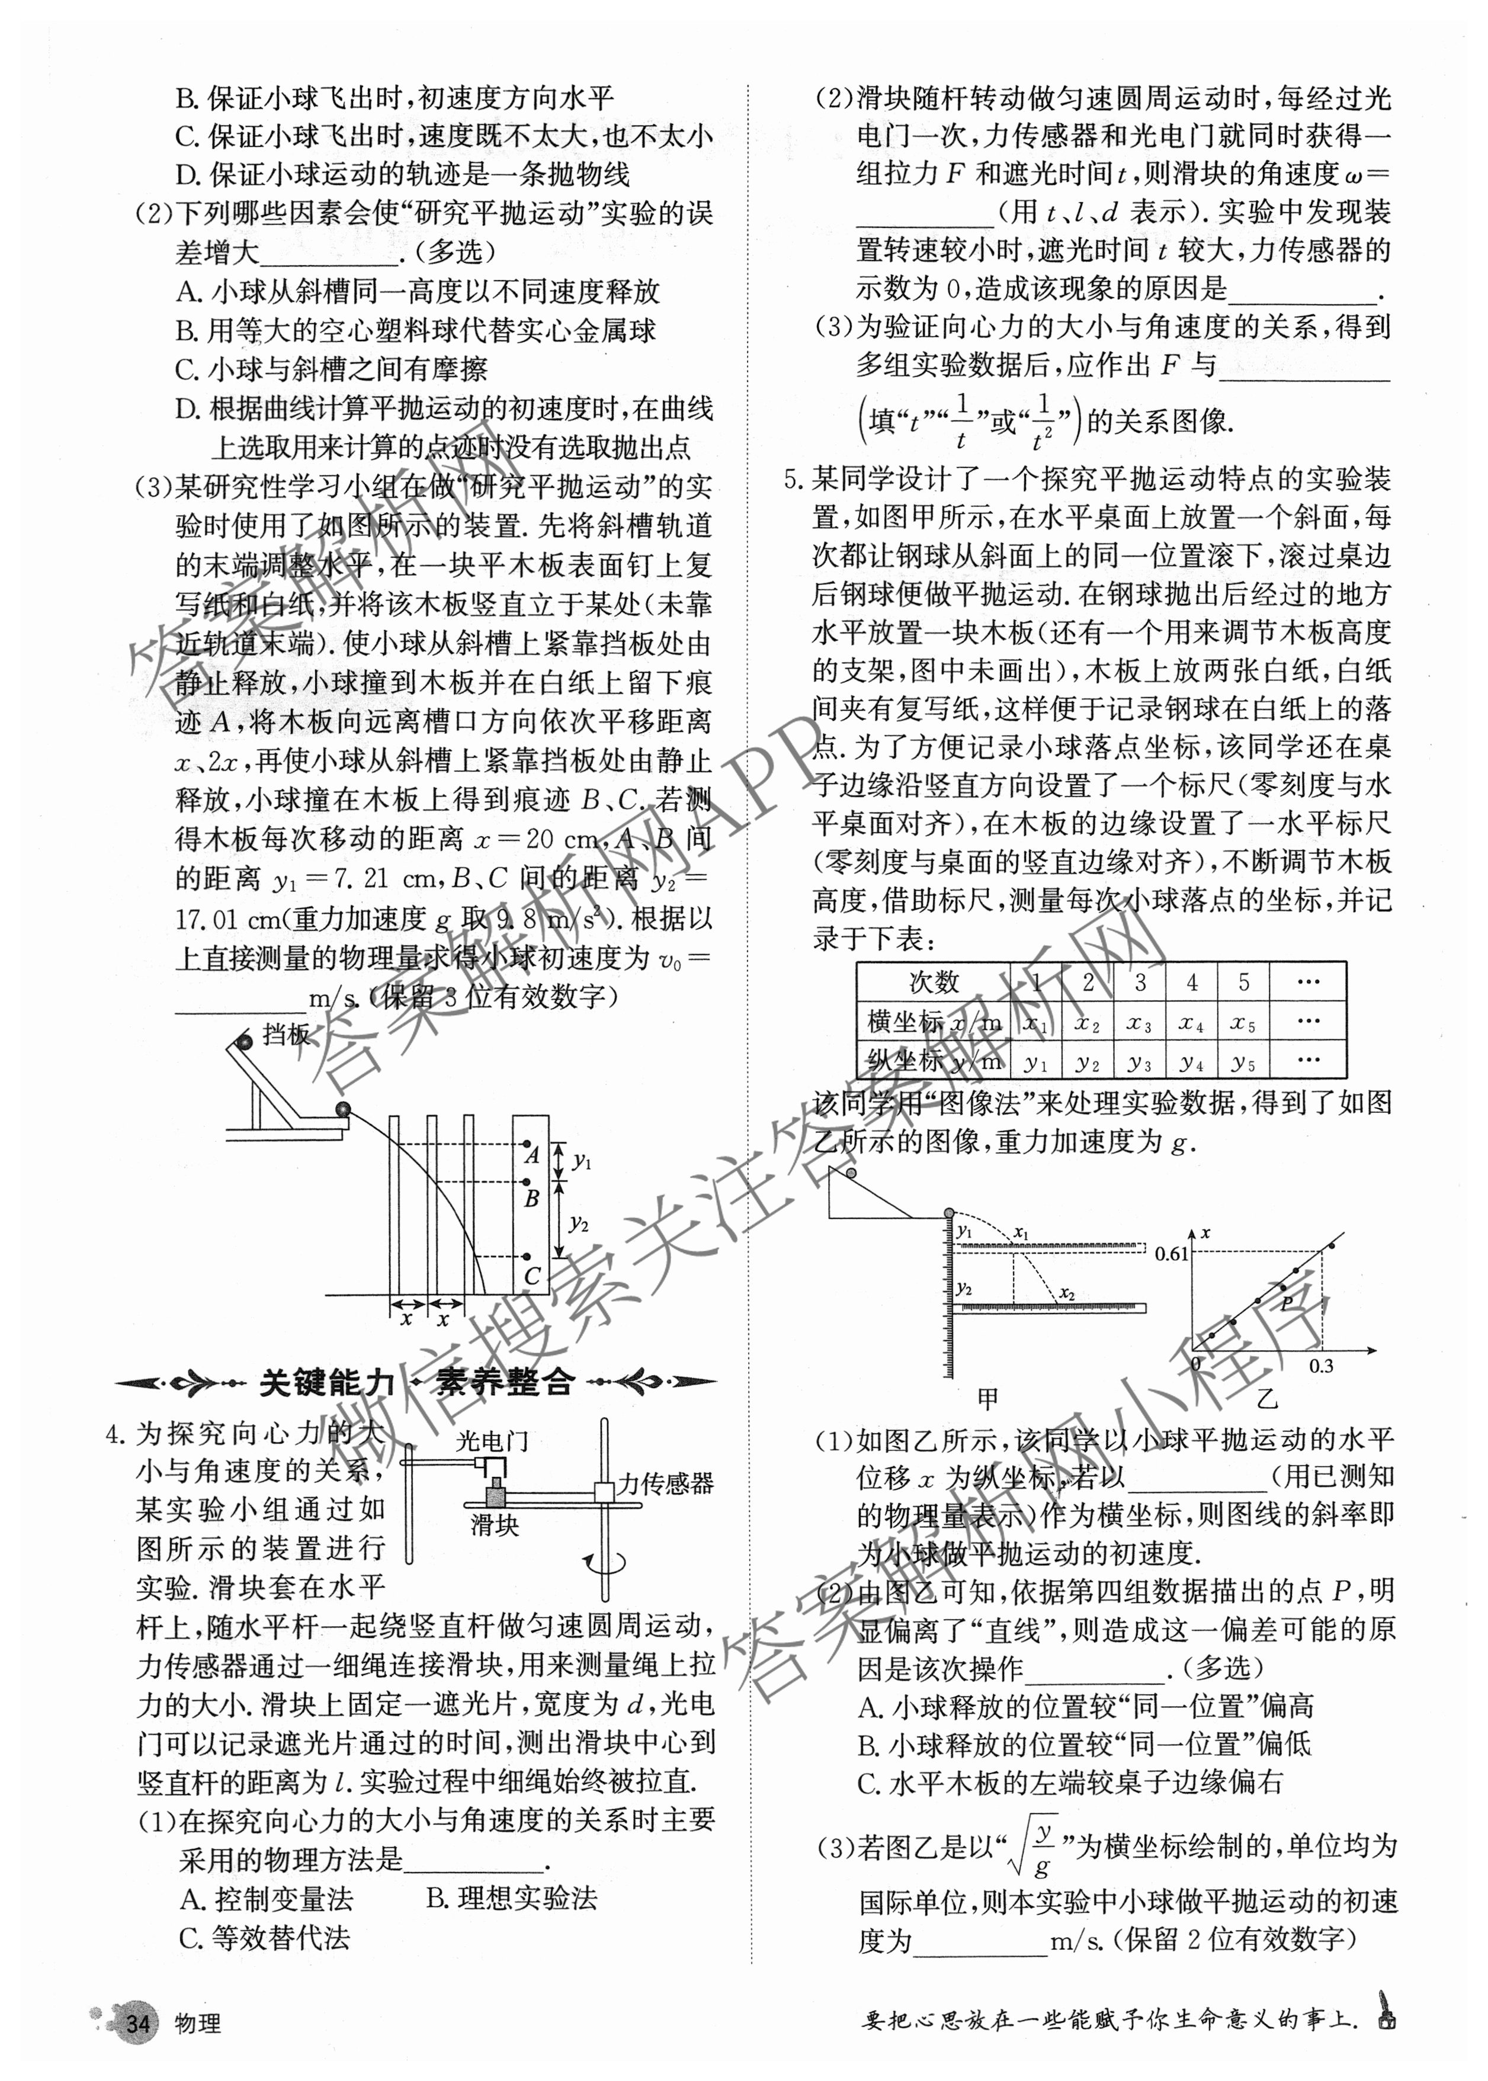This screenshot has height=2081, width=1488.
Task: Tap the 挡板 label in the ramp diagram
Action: pos(287,1035)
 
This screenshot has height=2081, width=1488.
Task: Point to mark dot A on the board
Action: pos(527,1144)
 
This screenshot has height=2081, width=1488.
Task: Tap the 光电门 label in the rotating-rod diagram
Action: pos(493,1441)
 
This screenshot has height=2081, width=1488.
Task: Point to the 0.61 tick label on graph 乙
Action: pos(1171,1254)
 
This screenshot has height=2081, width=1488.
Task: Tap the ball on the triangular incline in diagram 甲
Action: pos(851,1173)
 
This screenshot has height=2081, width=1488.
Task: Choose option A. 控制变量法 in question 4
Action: pos(267,1900)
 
